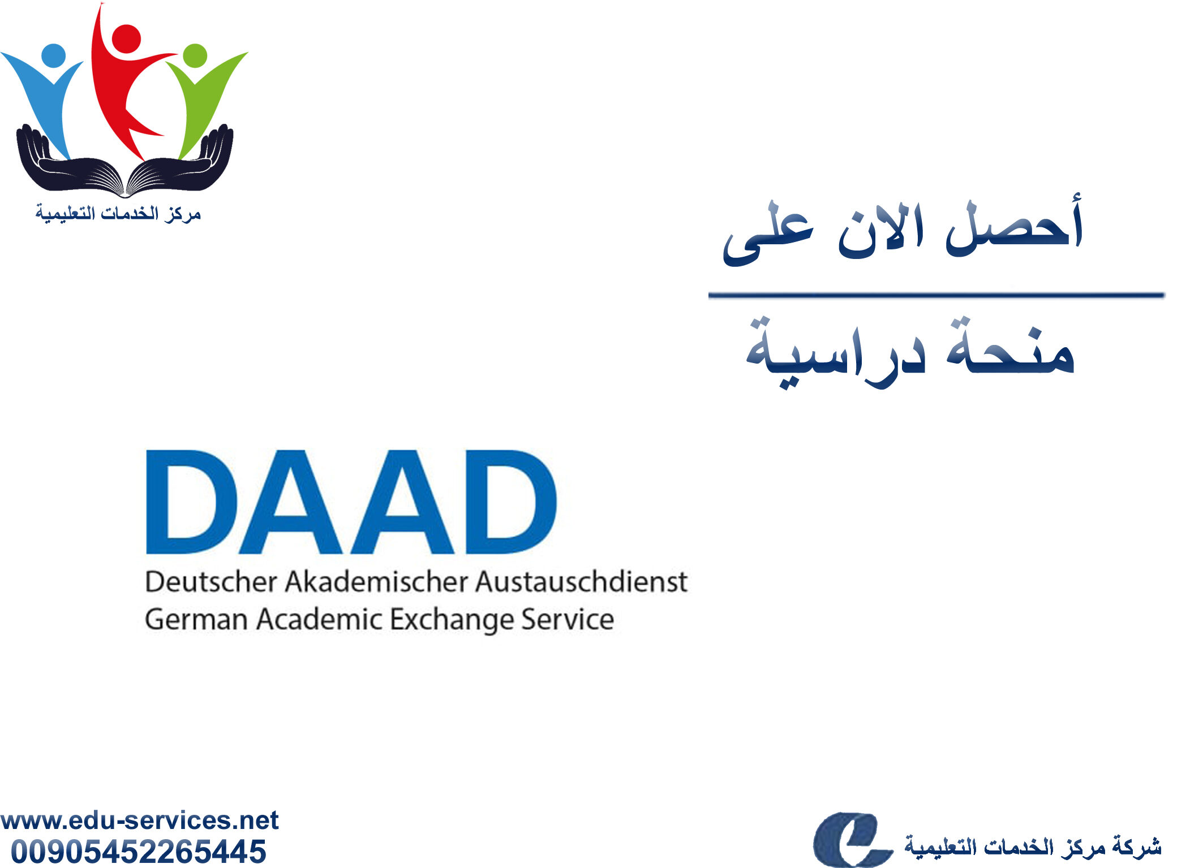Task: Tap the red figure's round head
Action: pos(126,38)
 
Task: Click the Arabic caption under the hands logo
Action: pos(118,214)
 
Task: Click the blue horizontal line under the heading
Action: pos(936,295)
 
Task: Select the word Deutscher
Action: pos(211,582)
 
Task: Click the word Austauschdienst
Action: pos(581,582)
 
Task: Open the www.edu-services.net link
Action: pos(139,821)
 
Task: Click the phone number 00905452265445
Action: pos(139,852)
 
